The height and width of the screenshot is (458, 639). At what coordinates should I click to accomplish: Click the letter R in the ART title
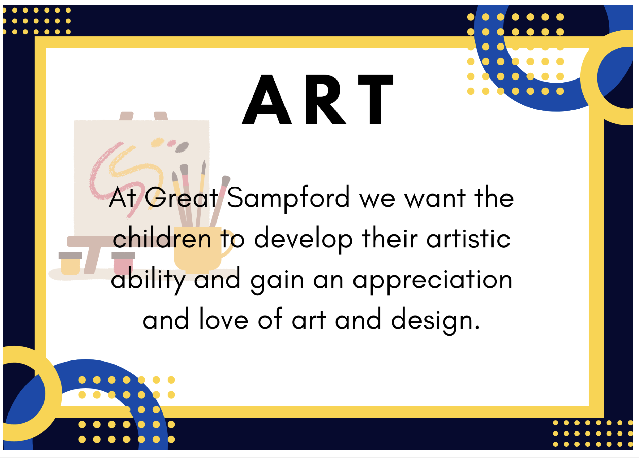(326, 100)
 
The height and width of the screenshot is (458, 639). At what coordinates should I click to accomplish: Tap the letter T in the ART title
(376, 100)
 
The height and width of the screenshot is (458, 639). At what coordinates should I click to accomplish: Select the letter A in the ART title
(267, 100)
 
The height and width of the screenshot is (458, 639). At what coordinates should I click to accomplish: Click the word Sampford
(288, 198)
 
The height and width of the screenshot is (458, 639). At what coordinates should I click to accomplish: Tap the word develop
(304, 240)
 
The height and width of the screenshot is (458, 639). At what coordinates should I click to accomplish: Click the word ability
(148, 280)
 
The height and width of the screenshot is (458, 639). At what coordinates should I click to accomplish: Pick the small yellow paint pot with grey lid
(70, 263)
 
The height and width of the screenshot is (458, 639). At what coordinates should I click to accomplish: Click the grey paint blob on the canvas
(182, 147)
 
